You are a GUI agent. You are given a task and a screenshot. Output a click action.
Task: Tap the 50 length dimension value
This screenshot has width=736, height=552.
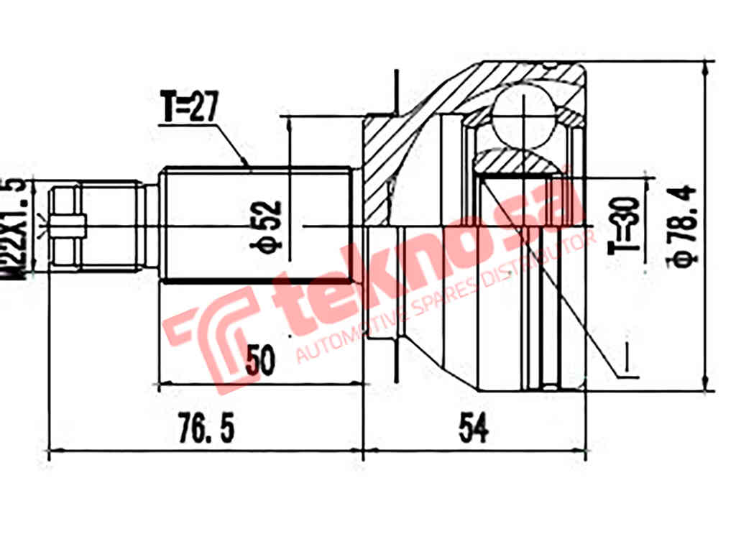[x=259, y=360]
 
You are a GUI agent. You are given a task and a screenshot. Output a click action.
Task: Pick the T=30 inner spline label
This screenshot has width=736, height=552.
[x=625, y=225]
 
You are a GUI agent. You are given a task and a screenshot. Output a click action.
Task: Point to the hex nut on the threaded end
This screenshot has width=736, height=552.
[x=66, y=228]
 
